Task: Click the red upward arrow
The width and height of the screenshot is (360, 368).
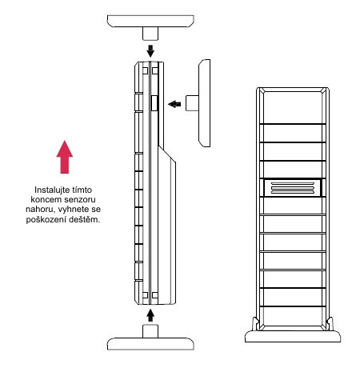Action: click(x=65, y=158)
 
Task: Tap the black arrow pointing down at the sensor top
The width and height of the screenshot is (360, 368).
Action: click(x=150, y=51)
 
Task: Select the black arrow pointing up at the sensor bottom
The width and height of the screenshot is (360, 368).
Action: click(x=150, y=315)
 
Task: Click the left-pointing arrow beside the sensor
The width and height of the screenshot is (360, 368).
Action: click(x=174, y=104)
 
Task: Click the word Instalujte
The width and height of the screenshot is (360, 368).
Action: click(x=50, y=190)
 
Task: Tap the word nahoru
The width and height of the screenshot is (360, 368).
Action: click(x=40, y=210)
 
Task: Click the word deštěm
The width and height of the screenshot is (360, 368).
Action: click(x=84, y=220)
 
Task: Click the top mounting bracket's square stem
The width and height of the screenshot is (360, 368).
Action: click(x=150, y=34)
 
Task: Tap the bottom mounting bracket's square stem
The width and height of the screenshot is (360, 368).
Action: click(x=150, y=331)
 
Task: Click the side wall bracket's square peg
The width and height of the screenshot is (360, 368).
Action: click(x=192, y=103)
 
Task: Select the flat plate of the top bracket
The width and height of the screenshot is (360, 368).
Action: click(x=150, y=21)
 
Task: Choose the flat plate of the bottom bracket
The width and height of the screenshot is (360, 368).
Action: click(x=150, y=344)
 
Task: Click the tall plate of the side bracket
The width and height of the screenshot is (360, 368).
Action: click(x=204, y=103)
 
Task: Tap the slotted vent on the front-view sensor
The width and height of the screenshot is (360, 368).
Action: click(x=293, y=188)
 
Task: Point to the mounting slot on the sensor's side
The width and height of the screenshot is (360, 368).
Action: click(x=154, y=103)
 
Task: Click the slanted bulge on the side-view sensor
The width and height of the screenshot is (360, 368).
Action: click(x=167, y=226)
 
